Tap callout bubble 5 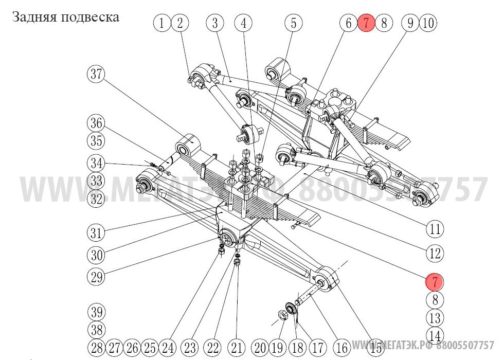click(x=294, y=23)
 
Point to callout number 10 click(x=428, y=23)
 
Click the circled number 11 click(x=435, y=228)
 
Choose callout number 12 click(x=435, y=253)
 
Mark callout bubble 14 click(x=435, y=335)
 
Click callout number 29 click(x=95, y=278)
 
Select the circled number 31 click(x=95, y=232)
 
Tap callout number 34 click(x=95, y=164)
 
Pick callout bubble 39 click(x=95, y=312)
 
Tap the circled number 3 click(x=215, y=23)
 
